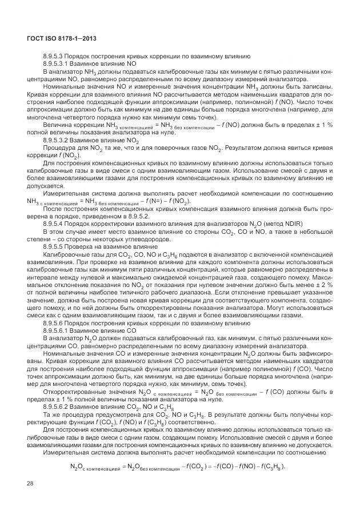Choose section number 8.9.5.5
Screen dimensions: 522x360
(54, 246)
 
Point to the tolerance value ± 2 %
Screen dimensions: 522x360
(323, 284)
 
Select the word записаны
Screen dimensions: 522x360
(317, 87)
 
